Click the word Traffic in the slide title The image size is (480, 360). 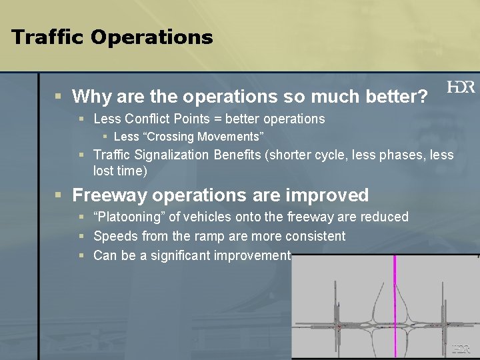pyautogui.click(x=47, y=37)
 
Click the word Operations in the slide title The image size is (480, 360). pyautogui.click(x=151, y=37)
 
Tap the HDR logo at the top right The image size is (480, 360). pyautogui.click(x=461, y=87)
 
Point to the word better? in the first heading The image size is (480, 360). pyautogui.click(x=397, y=97)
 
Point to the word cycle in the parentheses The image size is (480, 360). pyautogui.click(x=324, y=155)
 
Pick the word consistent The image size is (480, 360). pyautogui.click(x=314, y=237)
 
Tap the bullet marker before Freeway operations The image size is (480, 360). pyautogui.click(x=59, y=195)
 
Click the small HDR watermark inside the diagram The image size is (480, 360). pyautogui.click(x=461, y=348)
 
